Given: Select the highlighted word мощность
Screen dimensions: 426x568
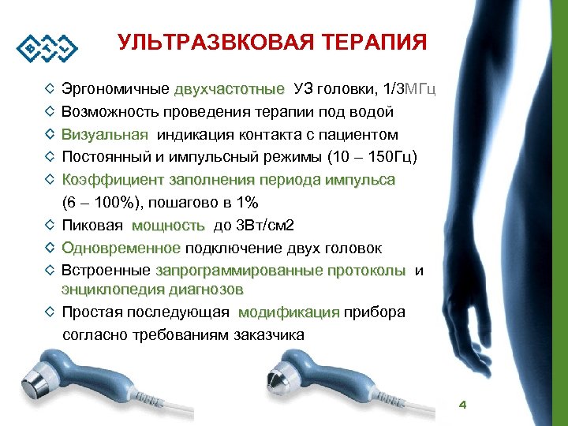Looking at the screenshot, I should pyautogui.click(x=168, y=226).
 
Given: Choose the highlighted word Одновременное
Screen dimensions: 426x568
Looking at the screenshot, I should pyautogui.click(x=121, y=248).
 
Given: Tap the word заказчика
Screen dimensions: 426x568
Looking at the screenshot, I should pyautogui.click(x=269, y=334).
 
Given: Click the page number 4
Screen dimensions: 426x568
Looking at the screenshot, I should pyautogui.click(x=463, y=405).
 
